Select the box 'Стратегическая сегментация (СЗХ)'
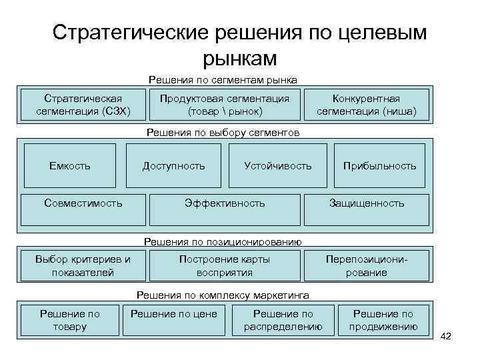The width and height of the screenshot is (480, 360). click(x=83, y=105)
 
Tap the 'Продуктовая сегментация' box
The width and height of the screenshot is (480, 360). click(x=225, y=105)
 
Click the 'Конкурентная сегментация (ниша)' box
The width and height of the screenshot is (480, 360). click(x=366, y=105)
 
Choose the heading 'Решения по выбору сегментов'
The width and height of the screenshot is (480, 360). click(x=223, y=133)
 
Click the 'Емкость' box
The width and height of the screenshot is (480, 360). click(x=70, y=165)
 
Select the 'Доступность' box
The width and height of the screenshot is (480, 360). click(x=174, y=165)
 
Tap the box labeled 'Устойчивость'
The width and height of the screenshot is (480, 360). click(x=277, y=165)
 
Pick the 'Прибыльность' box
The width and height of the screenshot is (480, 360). click(x=379, y=165)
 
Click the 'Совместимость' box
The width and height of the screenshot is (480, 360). click(x=83, y=203)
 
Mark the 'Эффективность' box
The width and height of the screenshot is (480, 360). click(x=225, y=203)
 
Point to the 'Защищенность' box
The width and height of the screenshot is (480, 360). click(x=366, y=203)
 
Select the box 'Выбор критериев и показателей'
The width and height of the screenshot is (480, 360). click(x=83, y=265)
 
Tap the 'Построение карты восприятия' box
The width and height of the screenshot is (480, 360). click(x=225, y=265)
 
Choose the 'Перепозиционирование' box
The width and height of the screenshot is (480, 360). click(x=366, y=265)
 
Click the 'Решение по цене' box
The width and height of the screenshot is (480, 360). click(x=174, y=314)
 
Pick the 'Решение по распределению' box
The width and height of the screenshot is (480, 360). click(x=283, y=320)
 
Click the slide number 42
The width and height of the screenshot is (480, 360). click(x=446, y=337)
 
